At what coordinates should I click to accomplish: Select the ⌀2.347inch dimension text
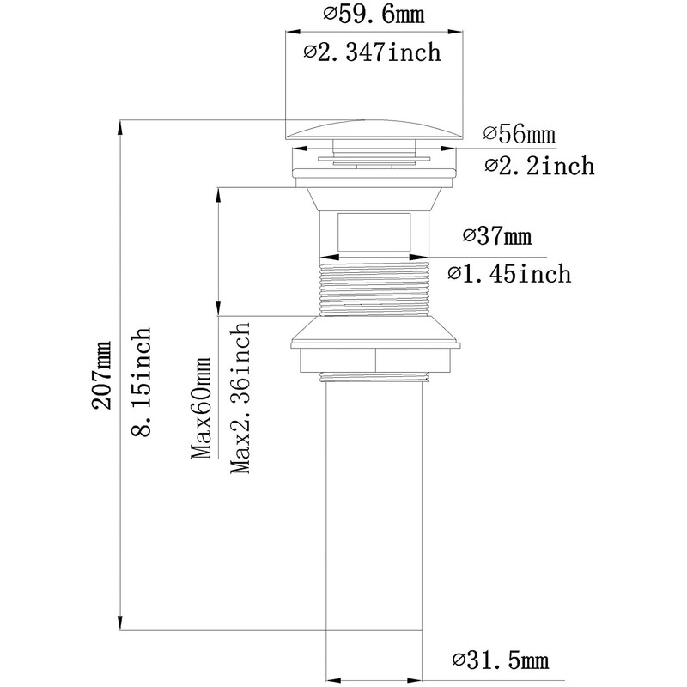372,52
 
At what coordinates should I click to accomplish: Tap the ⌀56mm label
520,134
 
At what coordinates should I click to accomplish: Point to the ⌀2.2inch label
539,166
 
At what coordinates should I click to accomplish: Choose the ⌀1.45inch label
509,274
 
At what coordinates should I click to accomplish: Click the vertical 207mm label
101,375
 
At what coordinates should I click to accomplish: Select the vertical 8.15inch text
141,381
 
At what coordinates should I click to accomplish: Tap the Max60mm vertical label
201,408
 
